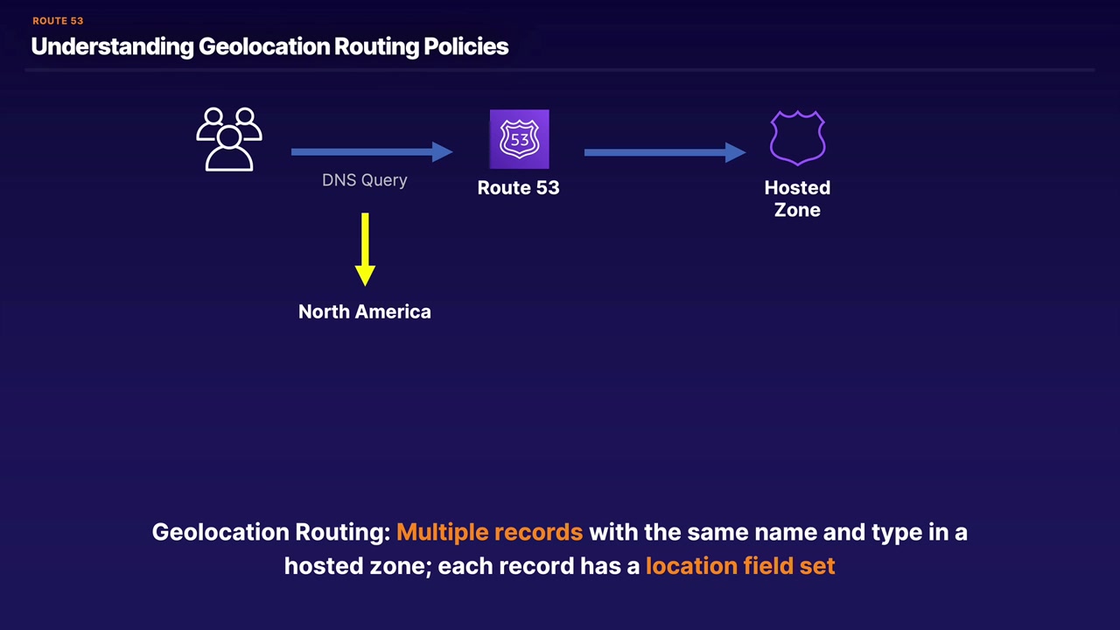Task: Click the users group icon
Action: click(229, 139)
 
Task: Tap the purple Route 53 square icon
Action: click(519, 139)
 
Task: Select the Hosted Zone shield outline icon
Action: click(797, 137)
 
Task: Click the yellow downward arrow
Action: click(365, 249)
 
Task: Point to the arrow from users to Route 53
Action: click(371, 152)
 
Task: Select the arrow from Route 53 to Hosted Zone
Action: click(664, 152)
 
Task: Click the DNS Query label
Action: click(365, 180)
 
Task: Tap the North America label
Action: click(365, 311)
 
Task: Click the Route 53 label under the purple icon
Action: click(518, 187)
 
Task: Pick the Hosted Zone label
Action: click(797, 199)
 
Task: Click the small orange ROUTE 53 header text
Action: click(58, 21)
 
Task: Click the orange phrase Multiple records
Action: click(489, 532)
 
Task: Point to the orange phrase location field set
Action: click(740, 566)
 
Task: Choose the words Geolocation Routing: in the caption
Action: click(270, 532)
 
